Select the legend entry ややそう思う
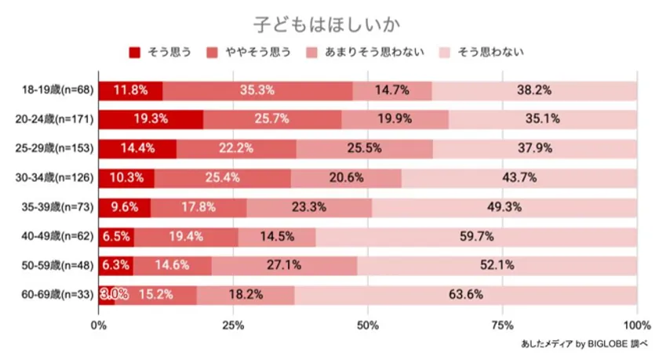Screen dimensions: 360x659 click(x=249, y=53)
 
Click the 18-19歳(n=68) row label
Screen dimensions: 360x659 click(x=58, y=89)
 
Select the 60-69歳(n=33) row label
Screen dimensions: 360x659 click(x=58, y=295)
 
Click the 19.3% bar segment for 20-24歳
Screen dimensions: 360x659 click(x=151, y=119)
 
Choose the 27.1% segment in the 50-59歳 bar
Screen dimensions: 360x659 click(x=284, y=266)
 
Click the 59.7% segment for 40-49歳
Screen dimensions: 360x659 click(x=476, y=236)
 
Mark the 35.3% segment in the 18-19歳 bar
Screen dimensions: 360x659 click(x=257, y=89)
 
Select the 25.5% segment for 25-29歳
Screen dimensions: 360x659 click(x=364, y=148)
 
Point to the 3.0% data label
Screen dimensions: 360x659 click(x=113, y=295)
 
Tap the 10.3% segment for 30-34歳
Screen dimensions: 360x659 click(x=126, y=178)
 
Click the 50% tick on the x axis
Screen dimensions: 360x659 click(x=368, y=324)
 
